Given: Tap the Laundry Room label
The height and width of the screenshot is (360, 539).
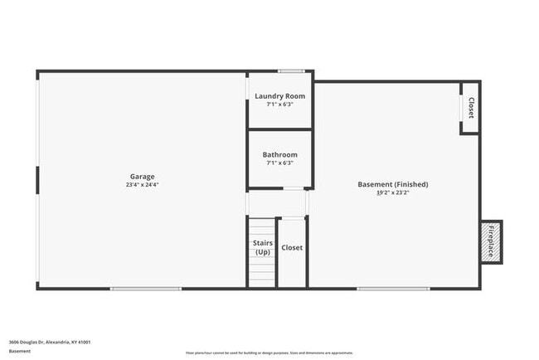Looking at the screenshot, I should [x=279, y=96].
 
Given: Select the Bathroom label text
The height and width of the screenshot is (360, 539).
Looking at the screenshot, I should [x=279, y=155].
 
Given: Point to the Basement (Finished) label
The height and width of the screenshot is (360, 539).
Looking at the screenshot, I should [x=392, y=184].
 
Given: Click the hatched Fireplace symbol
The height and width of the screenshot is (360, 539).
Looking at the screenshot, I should [x=491, y=241].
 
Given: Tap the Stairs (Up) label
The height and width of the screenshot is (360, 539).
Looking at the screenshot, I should [x=262, y=247].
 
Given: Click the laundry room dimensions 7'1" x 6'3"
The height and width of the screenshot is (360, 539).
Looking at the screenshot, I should [x=279, y=105].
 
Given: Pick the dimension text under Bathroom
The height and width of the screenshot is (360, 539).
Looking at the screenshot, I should [x=279, y=163].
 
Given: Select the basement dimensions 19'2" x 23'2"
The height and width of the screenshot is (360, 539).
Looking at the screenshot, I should [x=392, y=192].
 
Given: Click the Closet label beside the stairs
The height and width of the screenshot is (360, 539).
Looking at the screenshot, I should [x=292, y=247].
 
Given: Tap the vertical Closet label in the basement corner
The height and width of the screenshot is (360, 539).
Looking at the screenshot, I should [x=471, y=108].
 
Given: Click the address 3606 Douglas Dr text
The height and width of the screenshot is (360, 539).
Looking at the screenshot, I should [x=50, y=341].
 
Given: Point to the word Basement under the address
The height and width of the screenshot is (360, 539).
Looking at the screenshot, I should [x=20, y=351].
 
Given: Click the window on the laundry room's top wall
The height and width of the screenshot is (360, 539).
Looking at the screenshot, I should [x=291, y=71].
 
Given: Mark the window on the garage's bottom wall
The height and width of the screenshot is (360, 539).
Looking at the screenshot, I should [x=146, y=289].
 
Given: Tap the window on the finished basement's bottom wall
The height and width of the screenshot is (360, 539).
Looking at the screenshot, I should [x=393, y=289].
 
